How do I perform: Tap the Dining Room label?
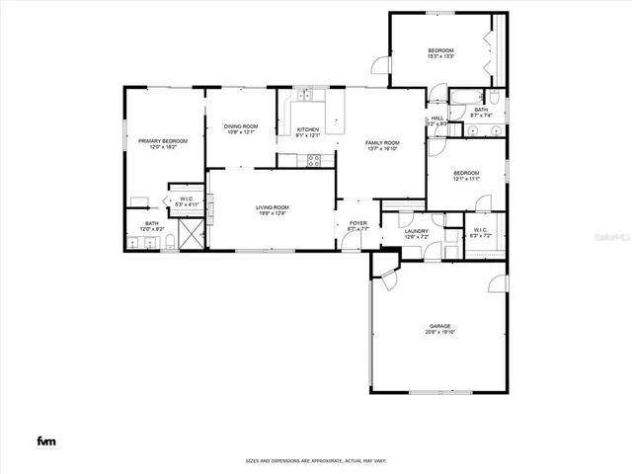coord(240,125)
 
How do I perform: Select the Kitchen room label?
coord(308,129)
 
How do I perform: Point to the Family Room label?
coord(383,143)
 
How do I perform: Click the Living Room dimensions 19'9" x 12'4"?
coord(272,214)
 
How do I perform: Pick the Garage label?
coord(440,326)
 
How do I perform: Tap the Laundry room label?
coord(417,231)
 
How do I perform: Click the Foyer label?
coord(357,223)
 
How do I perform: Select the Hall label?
coord(436,118)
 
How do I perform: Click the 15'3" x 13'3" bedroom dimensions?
coord(440,57)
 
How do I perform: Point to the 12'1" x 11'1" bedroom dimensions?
coord(466,180)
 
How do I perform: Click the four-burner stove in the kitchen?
coord(314,162)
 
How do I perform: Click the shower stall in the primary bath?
coord(194,234)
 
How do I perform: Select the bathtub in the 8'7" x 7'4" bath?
coord(465,97)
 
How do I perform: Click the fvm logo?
coord(45,440)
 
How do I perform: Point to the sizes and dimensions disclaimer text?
coord(316,461)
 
